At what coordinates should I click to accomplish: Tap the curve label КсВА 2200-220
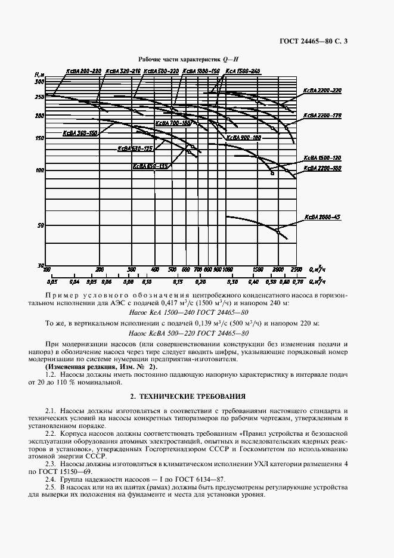[322, 91]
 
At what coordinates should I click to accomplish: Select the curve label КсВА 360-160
[80, 134]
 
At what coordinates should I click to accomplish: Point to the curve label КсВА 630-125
[135, 148]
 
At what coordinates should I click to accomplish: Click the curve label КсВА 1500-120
[322, 158]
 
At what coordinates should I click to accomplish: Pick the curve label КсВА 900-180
[244, 138]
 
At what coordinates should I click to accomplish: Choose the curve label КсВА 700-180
[173, 123]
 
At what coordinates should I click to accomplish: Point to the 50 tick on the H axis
[41, 226]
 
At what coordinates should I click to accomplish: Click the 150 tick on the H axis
[40, 138]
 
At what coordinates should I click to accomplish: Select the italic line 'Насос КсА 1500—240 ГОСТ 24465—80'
[188, 312]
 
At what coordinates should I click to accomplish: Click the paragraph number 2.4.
[52, 479]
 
